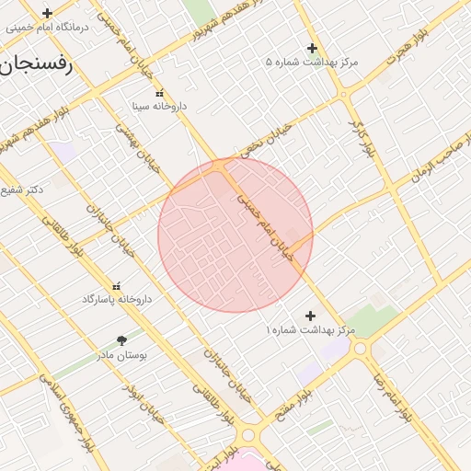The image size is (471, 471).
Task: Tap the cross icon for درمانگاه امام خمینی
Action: point(47,13)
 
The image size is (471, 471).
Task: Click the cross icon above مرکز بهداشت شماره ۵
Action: point(312,48)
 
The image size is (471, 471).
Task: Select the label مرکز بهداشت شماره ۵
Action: point(312,62)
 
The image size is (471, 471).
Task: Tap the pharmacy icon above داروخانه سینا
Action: point(160,93)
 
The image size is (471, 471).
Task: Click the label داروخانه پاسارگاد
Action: point(117,299)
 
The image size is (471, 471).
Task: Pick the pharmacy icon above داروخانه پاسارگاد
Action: point(117,285)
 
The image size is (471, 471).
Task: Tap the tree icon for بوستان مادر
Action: point(122,339)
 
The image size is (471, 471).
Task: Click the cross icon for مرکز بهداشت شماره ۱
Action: point(311,316)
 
